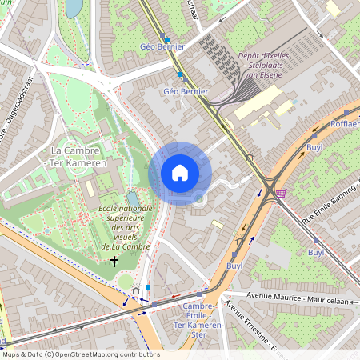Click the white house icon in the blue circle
180,172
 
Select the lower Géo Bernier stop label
186,91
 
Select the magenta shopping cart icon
282,193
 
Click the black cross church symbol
114,261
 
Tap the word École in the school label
111,208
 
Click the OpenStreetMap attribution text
80,354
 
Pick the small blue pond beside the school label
132,198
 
